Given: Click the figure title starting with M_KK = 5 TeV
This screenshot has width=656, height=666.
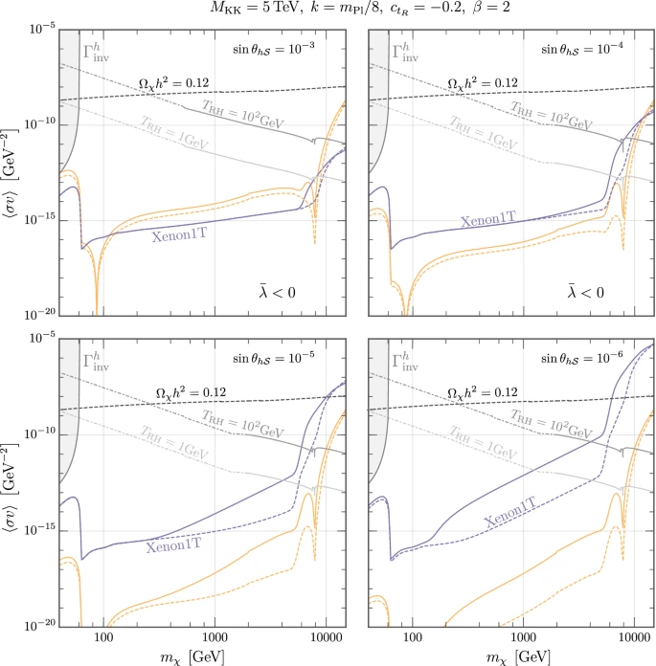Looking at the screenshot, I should coord(328,11).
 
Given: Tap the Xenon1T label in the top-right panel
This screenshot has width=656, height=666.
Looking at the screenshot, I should coord(492,220).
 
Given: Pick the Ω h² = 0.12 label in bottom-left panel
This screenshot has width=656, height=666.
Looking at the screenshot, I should coord(188,393).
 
